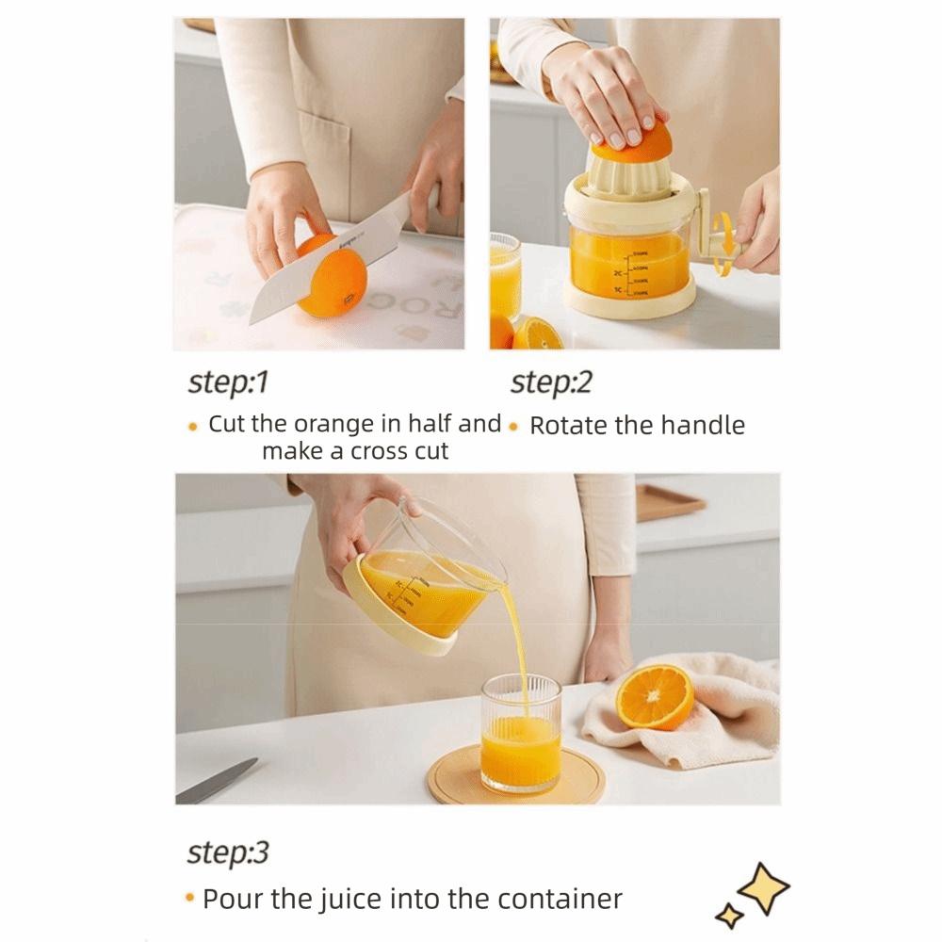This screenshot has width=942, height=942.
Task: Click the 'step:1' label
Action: (x=229, y=382)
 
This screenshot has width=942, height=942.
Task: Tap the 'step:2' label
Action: (x=551, y=382)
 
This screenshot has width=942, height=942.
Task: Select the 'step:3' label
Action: (x=228, y=853)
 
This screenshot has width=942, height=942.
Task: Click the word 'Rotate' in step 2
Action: (x=568, y=426)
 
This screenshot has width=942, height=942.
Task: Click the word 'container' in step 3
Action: (x=565, y=899)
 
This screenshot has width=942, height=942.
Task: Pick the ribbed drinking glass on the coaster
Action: (x=520, y=733)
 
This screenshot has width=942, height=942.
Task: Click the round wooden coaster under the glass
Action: (x=515, y=774)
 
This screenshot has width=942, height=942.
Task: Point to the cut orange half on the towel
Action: (x=655, y=697)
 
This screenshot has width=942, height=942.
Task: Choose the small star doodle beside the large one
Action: (x=728, y=914)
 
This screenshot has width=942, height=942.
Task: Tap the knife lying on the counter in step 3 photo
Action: (x=217, y=782)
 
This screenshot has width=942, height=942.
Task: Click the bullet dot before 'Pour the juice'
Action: (x=191, y=899)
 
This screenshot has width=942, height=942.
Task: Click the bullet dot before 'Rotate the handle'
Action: (x=513, y=426)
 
